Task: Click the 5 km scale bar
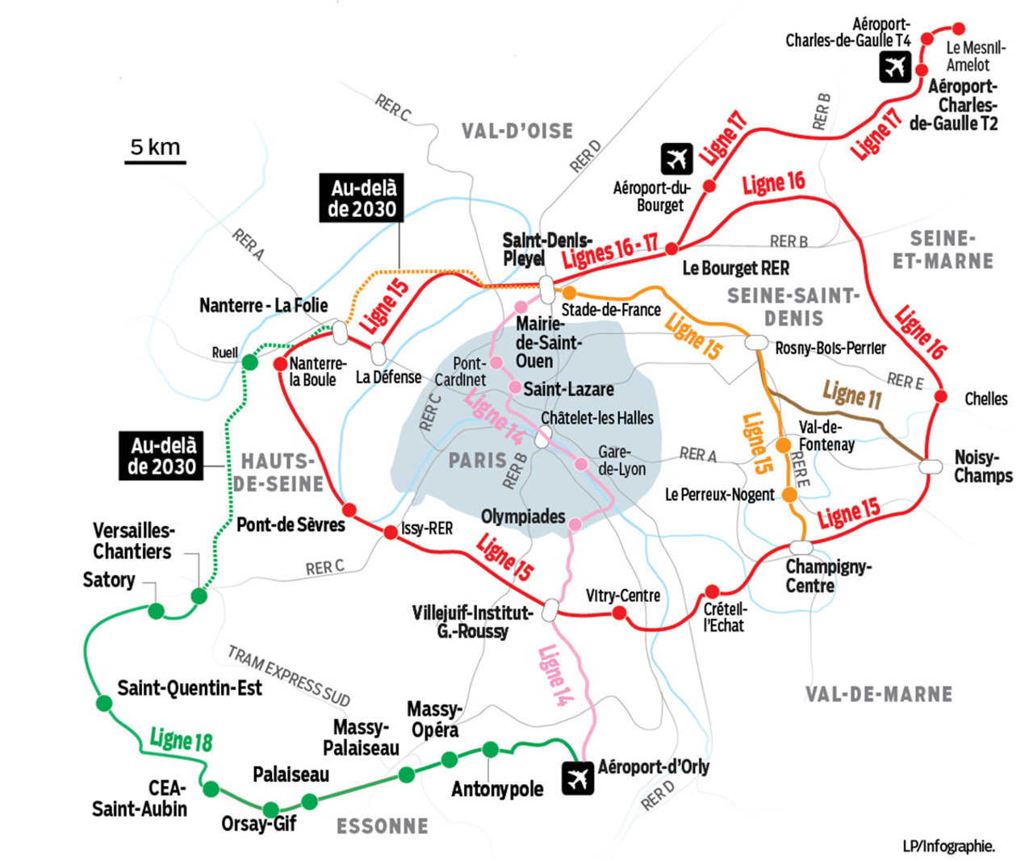[155, 162]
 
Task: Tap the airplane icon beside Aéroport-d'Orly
[578, 778]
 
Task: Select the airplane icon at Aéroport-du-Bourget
[676, 159]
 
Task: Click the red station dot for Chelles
[940, 395]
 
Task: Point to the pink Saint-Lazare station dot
[515, 387]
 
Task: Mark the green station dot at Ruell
[250, 362]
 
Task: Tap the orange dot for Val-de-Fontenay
[783, 445]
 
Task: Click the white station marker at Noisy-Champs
[931, 466]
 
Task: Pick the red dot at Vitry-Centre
[619, 613]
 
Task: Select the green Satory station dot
[157, 611]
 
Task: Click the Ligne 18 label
[181, 739]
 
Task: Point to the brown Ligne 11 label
[852, 395]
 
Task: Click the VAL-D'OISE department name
[517, 131]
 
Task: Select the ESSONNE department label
[383, 826]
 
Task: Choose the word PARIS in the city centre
[477, 461]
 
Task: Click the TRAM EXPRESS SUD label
[289, 675]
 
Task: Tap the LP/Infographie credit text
[948, 846]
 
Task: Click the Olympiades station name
[523, 516]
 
